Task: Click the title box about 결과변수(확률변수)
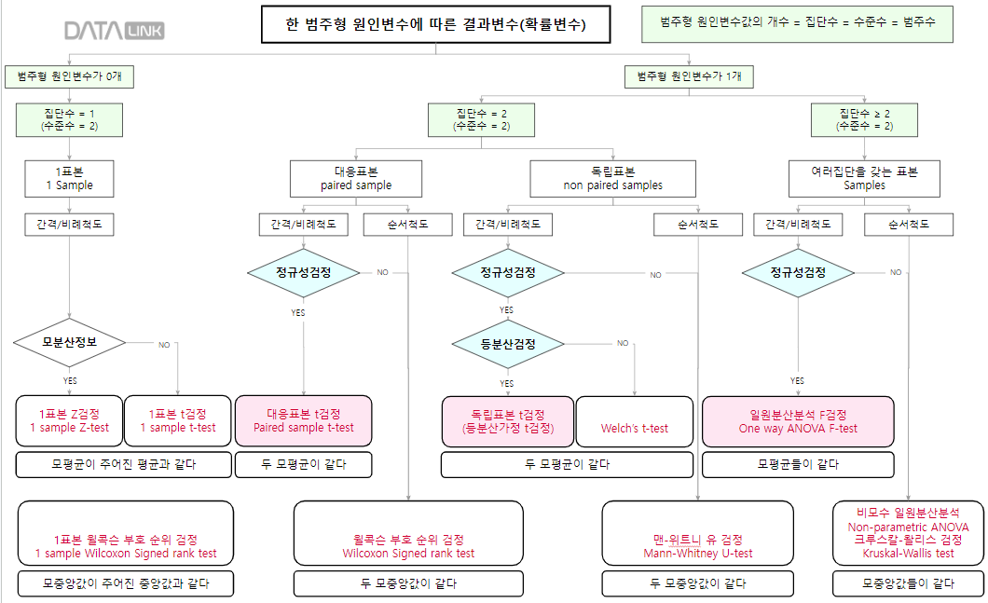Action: click(436, 25)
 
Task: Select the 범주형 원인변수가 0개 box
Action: click(69, 75)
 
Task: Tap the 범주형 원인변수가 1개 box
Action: click(689, 75)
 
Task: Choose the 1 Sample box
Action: click(70, 178)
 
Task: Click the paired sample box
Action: click(356, 178)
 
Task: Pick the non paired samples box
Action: click(612, 178)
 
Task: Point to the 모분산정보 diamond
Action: click(70, 342)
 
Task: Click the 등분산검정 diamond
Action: click(508, 343)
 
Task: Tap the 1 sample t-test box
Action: click(177, 420)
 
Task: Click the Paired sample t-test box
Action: click(304, 420)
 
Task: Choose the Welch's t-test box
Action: click(635, 420)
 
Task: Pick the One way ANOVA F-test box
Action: click(798, 420)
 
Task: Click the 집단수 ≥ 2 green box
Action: click(864, 118)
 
